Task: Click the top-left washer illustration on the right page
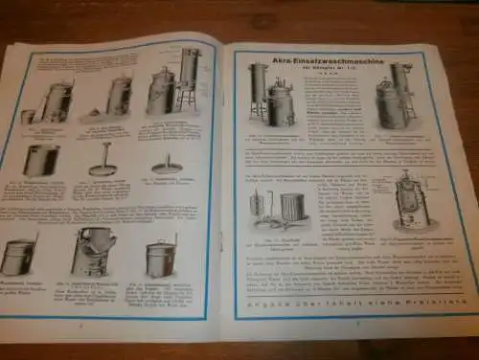(273, 97)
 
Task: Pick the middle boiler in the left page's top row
(120, 98)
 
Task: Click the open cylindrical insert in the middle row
(40, 159)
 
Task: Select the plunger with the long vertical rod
(104, 159)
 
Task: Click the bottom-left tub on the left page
(19, 256)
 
